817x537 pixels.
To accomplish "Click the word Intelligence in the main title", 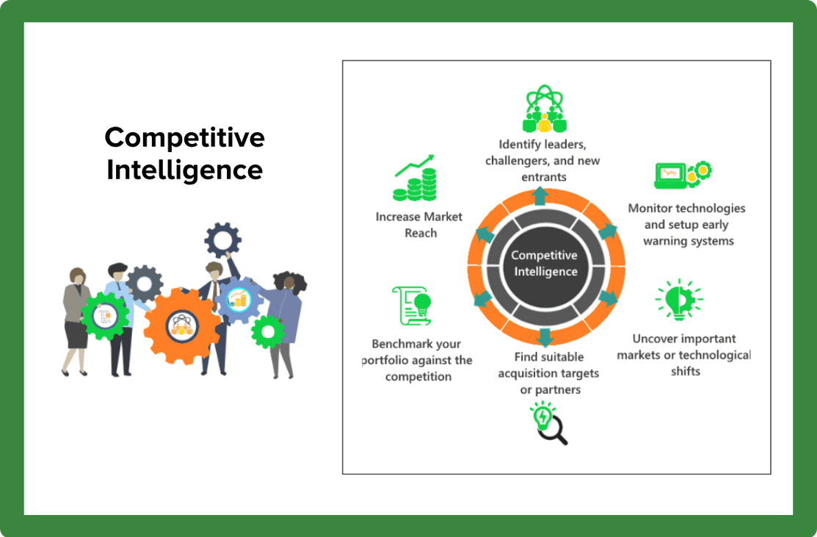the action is tap(184, 170).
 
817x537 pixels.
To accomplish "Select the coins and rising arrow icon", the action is tap(415, 178).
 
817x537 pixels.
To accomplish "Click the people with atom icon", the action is tap(545, 109).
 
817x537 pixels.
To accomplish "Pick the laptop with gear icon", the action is tap(683, 175).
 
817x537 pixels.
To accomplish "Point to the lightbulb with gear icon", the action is tap(679, 299).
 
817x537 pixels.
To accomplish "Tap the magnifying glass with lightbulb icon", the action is tap(548, 423).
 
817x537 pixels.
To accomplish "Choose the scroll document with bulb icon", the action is tap(412, 306).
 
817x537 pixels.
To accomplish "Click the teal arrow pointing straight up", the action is tap(540, 196).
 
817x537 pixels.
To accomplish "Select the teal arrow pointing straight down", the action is tap(545, 337).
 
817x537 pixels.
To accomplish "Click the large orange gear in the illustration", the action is tap(181, 326).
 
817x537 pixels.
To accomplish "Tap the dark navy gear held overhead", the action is tap(223, 240).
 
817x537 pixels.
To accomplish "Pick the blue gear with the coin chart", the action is tap(239, 300).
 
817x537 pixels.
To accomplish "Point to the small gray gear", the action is tap(145, 284).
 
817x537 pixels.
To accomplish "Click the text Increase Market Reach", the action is tap(419, 225).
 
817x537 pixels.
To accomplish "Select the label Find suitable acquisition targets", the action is tap(548, 365).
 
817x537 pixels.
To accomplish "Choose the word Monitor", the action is tap(650, 208).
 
